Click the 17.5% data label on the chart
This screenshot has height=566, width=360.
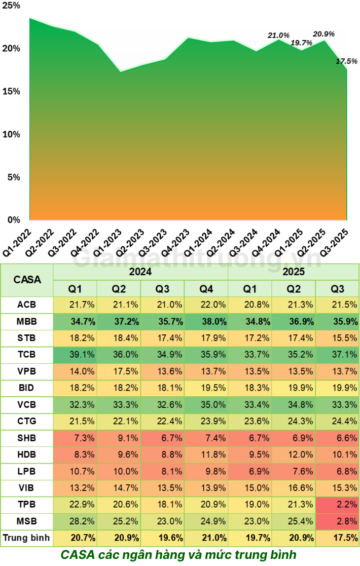tap(347, 61)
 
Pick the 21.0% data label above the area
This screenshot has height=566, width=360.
tap(278, 35)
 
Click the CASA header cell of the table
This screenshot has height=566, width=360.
tap(27, 279)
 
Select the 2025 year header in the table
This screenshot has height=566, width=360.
tap(294, 272)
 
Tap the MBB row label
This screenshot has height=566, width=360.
tap(27, 321)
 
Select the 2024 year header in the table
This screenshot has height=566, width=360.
tap(140, 272)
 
